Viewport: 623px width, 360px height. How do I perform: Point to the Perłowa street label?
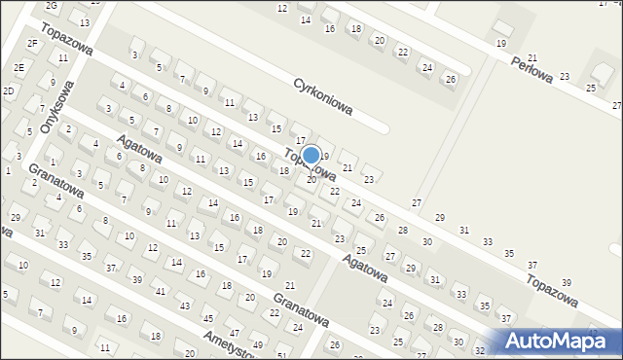533,68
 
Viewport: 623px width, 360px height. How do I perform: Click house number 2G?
52,7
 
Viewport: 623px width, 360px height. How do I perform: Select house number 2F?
32,43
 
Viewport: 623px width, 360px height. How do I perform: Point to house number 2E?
19,67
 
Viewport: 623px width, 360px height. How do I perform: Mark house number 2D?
9,90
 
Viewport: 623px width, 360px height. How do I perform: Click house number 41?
160,292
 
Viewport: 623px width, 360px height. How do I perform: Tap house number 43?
184,306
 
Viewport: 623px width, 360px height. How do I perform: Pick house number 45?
207,319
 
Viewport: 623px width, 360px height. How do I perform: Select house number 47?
234,333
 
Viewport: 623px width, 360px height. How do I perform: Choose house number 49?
257,345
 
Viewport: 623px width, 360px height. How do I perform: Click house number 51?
281,356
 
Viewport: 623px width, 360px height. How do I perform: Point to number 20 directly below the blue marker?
311,179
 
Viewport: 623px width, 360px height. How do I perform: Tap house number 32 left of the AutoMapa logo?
480,349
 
